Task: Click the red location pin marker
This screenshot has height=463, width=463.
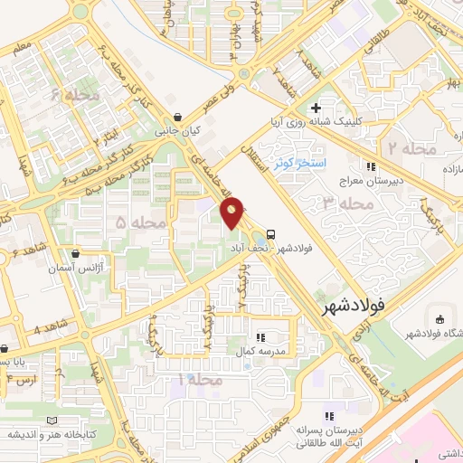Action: tap(232, 214)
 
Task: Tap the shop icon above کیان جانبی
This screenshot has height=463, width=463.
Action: tap(178, 116)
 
